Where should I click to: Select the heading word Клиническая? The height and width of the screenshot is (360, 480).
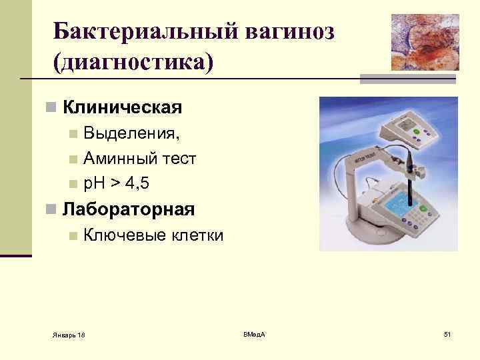point(122,107)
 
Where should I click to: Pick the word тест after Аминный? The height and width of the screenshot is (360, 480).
point(176,158)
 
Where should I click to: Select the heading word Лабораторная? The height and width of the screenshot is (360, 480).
point(128,209)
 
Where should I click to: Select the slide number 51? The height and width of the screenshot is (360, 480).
point(447,333)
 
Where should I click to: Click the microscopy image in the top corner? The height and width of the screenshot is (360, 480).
point(424,41)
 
